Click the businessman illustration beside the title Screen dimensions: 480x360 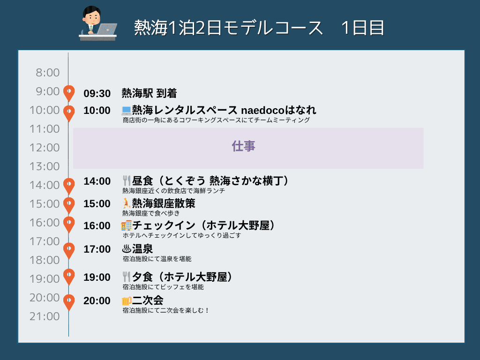[98, 23]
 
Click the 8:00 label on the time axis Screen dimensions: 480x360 [47, 73]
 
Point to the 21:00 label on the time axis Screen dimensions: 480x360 [45, 316]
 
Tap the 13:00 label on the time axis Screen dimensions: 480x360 [45, 166]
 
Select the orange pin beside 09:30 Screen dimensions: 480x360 [69, 93]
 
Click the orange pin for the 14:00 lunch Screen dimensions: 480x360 [69, 186]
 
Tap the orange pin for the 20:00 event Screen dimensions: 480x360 [69, 302]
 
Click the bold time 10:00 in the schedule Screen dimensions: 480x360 [97, 111]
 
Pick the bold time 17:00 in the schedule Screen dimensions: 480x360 [97, 249]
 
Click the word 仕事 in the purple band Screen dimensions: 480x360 [243, 146]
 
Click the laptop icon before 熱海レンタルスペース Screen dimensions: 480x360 [127, 110]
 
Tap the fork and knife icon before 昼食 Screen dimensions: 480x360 [127, 181]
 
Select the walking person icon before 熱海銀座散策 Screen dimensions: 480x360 [126, 203]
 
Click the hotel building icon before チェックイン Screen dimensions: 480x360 [127, 225]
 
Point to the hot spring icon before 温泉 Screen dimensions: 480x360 [127, 249]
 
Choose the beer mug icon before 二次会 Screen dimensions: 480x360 [127, 301]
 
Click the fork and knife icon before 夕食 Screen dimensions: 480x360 [127, 277]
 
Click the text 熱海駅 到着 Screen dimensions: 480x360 [149, 93]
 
